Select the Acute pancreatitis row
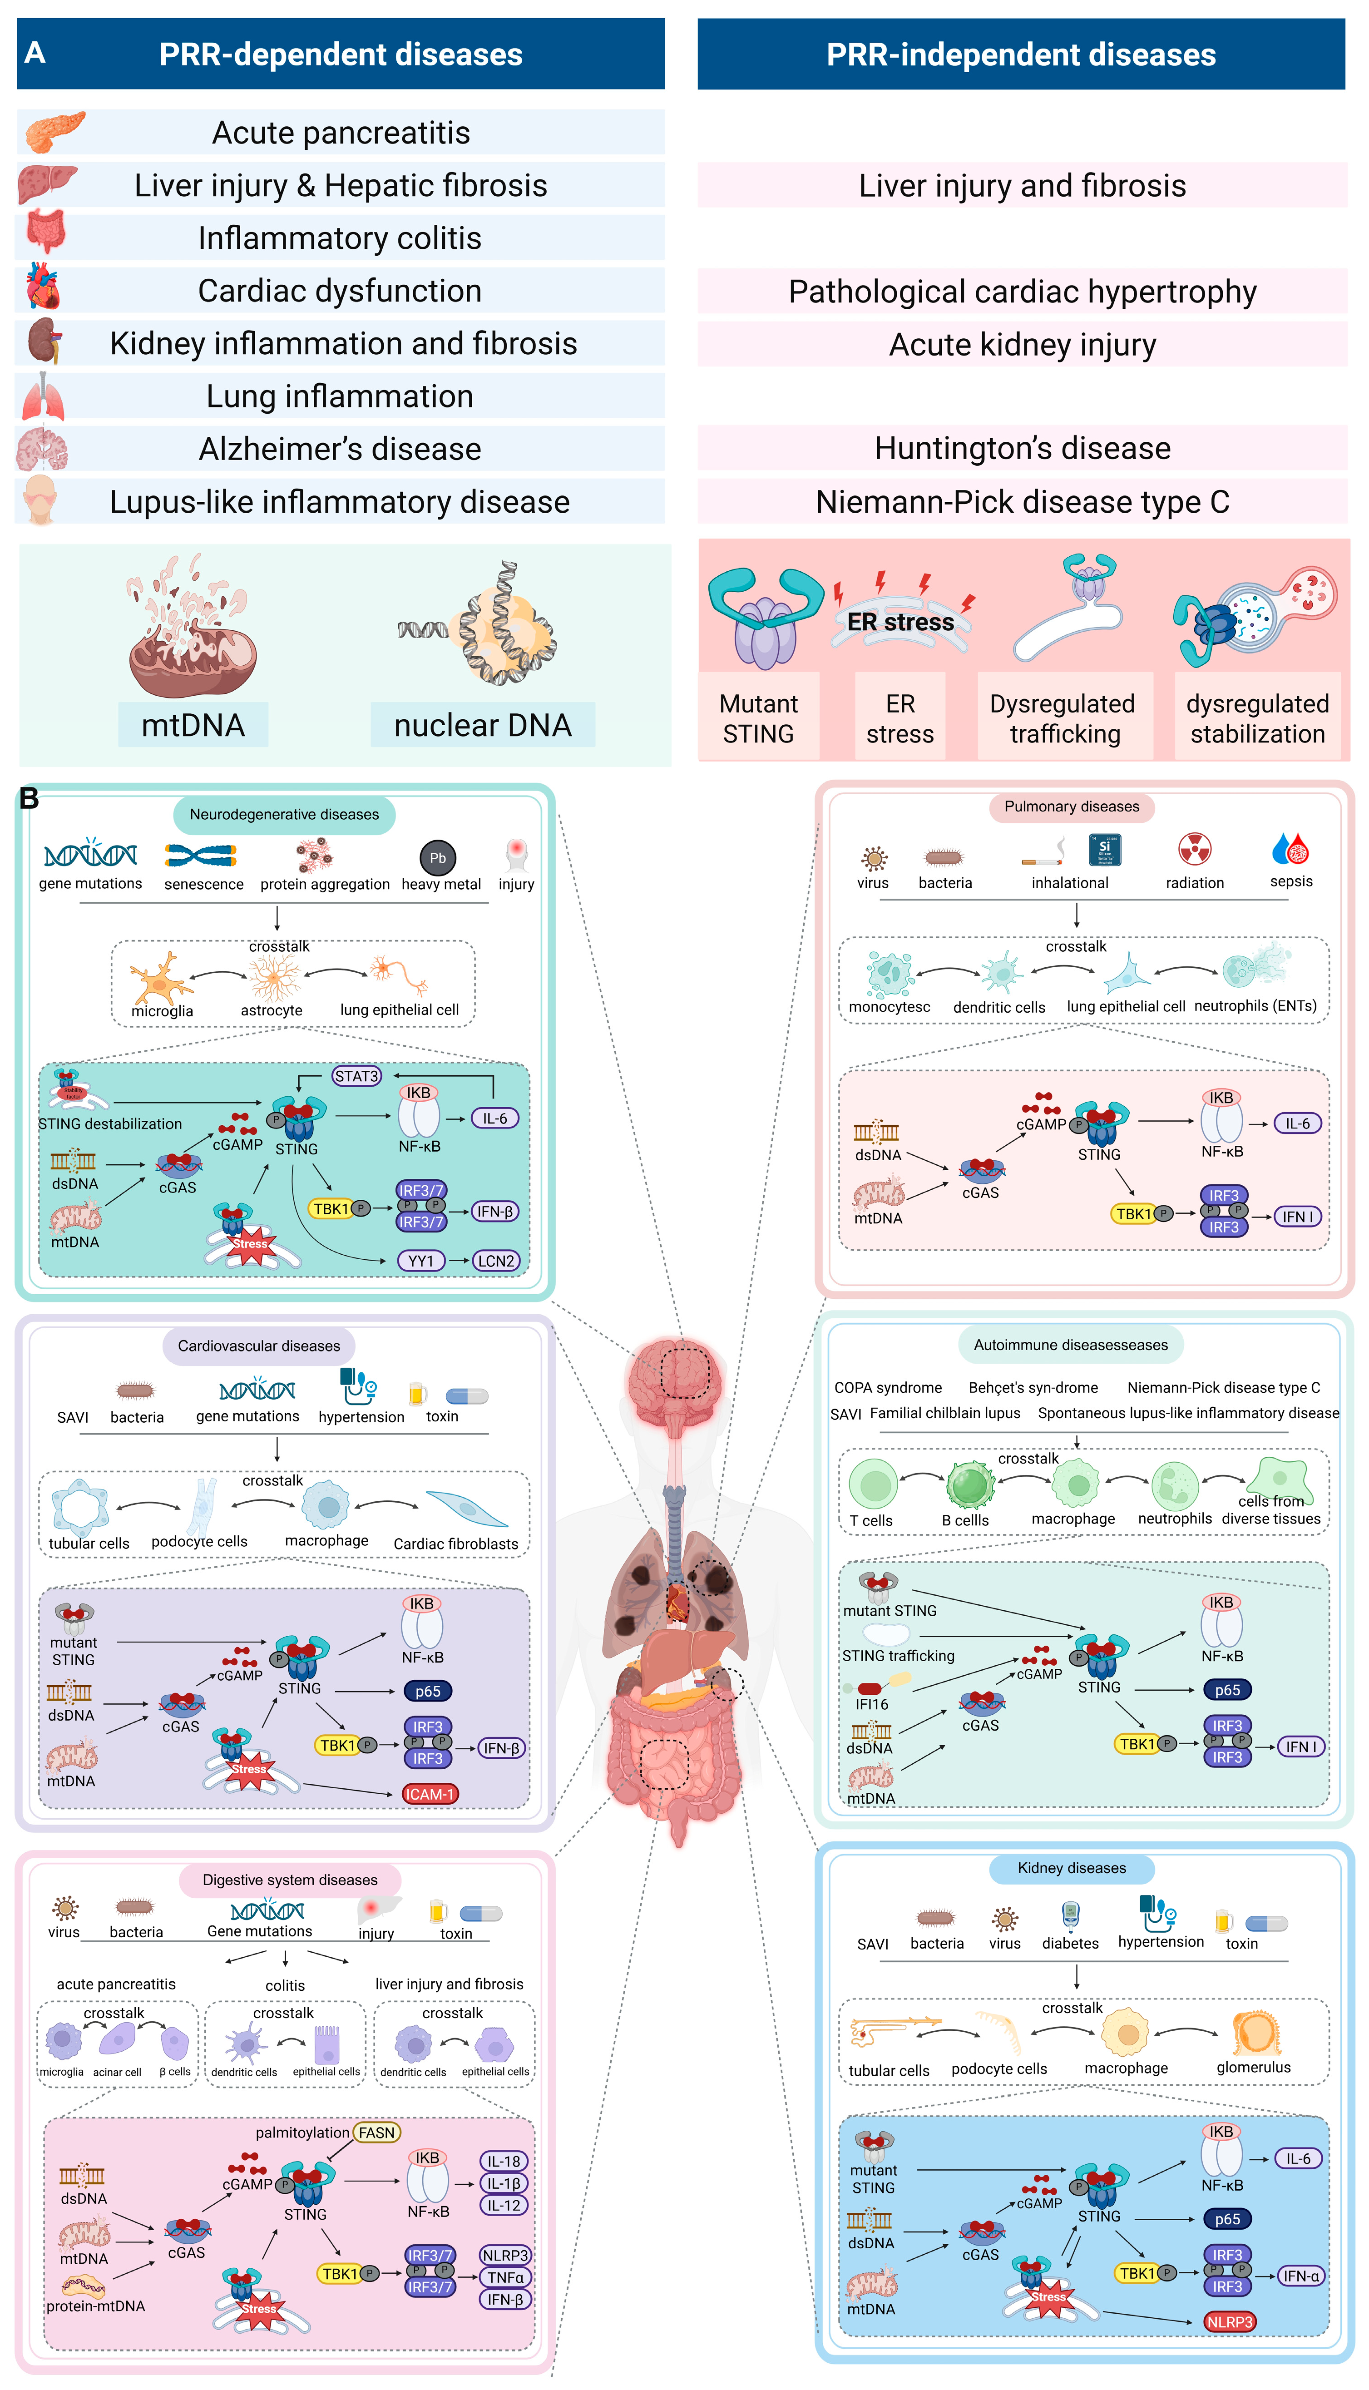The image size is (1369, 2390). click(x=341, y=133)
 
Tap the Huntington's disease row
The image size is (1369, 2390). click(x=1022, y=449)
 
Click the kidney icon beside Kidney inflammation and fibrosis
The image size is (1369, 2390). click(x=42, y=341)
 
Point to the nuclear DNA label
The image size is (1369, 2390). click(x=482, y=725)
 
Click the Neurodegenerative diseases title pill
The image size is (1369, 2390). click(x=284, y=814)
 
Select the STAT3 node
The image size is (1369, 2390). click(x=356, y=1076)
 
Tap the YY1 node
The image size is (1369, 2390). click(x=420, y=1261)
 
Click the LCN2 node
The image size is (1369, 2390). click(x=495, y=1261)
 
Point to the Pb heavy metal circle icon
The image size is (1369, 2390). click(x=437, y=857)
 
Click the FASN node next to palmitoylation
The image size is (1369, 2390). click(x=376, y=2133)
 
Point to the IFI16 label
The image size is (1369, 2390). click(x=872, y=1704)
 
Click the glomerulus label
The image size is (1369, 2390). click(x=1253, y=2068)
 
